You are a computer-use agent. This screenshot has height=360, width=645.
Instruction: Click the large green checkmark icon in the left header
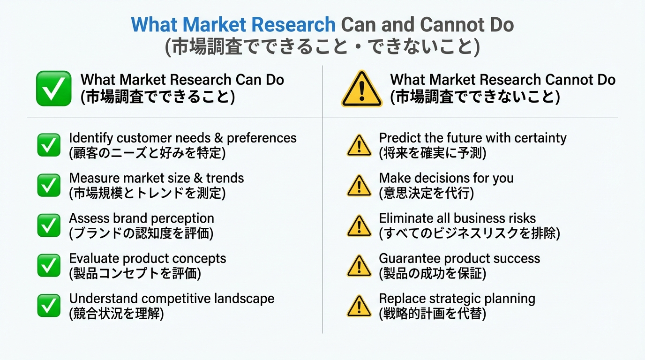click(x=54, y=89)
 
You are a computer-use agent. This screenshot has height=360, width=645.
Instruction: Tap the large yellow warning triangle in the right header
click(x=362, y=89)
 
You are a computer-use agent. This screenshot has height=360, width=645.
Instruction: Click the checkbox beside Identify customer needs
click(x=49, y=145)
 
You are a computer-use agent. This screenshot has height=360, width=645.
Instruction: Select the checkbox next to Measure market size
click(x=49, y=185)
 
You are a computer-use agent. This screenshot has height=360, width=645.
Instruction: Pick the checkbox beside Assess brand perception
click(x=49, y=225)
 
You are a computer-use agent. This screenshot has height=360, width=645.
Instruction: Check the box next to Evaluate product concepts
click(x=49, y=265)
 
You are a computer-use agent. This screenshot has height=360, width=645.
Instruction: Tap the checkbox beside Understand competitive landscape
click(x=49, y=305)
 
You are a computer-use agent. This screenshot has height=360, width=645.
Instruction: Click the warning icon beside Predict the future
click(x=359, y=145)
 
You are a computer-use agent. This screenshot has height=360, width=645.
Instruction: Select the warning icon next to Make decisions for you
click(x=359, y=186)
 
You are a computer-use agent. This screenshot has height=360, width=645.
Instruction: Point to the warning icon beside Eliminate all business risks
click(x=359, y=226)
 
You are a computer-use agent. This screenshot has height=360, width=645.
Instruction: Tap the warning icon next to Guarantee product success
click(x=359, y=266)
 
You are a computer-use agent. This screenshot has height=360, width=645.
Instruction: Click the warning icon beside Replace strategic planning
click(x=359, y=306)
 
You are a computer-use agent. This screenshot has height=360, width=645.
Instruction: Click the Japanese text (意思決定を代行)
click(x=427, y=193)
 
